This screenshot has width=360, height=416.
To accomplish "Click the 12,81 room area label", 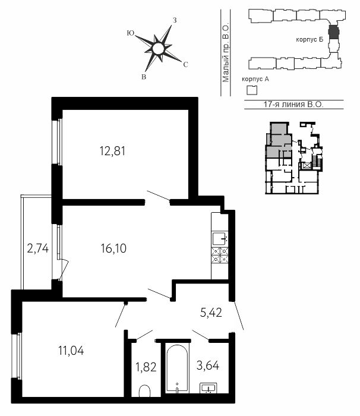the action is (x=112, y=151).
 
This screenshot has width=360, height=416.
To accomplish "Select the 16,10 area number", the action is (x=113, y=248).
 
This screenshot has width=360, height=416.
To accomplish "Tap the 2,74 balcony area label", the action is (x=38, y=248).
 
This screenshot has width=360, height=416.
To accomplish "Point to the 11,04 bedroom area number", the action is (x=71, y=351).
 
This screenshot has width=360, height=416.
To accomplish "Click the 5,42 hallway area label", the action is (x=211, y=313).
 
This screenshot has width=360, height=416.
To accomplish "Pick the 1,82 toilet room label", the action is (x=146, y=367).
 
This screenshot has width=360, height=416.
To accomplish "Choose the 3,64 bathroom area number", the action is (x=208, y=366).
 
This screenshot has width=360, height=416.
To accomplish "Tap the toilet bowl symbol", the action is (x=144, y=391).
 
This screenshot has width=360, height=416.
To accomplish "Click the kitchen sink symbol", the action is (x=220, y=238).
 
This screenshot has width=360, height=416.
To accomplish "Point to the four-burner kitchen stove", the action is (x=220, y=255).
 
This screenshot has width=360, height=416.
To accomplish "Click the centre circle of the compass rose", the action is (x=158, y=49).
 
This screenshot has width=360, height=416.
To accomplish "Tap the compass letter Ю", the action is (x=131, y=33).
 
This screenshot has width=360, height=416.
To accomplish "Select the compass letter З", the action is (x=175, y=20).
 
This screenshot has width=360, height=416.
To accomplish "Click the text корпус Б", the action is (x=310, y=40).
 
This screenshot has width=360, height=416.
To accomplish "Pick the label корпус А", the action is (x=255, y=79).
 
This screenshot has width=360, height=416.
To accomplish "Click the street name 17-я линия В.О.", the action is (x=293, y=104).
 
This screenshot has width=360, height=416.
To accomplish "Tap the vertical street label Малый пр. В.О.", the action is (x=226, y=53).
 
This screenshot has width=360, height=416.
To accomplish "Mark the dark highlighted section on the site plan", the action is (x=333, y=31).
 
